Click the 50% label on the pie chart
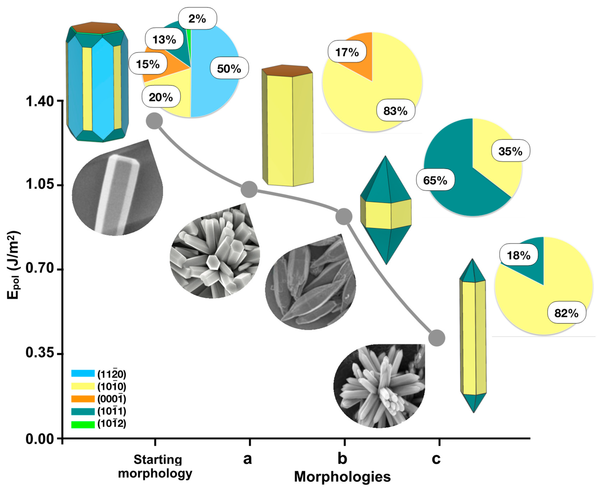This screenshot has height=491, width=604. tap(229, 69)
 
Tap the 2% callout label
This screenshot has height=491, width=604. tap(197, 19)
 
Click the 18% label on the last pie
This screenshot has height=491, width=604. tap(519, 255)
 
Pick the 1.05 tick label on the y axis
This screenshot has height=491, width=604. tap(40, 184)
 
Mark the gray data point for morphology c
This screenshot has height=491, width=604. tap(436, 338)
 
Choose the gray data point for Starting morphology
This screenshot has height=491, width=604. tap(154, 121)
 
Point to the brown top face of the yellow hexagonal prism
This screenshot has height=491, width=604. tap(287, 71)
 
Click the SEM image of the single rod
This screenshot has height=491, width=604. tap(117, 192)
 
